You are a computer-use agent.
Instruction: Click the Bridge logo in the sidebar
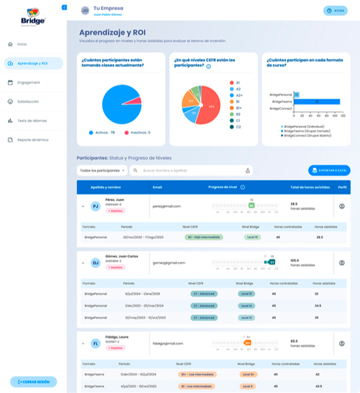pos(33,15)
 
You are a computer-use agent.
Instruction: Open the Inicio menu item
pos(22,44)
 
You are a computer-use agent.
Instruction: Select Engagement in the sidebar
pos(29,82)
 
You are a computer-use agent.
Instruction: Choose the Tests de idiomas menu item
pos(32,121)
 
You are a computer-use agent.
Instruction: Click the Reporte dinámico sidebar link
pos(32,140)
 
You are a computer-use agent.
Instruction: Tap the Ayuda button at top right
pos(336,11)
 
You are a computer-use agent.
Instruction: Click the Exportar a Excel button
pos(329,171)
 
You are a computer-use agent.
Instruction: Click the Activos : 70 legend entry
pos(102,133)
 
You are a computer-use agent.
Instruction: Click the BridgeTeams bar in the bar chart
pos(316,102)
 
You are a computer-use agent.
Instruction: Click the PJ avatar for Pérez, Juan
pos(95,206)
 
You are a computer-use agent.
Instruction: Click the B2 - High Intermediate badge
pos(198,237)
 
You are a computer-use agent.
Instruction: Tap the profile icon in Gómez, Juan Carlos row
pos(342,263)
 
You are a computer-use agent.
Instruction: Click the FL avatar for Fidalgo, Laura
pos(95,344)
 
